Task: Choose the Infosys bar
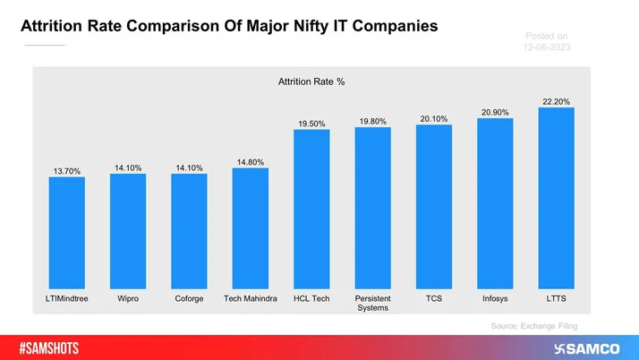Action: point(495,201)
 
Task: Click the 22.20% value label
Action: point(556,101)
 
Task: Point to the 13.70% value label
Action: point(66,170)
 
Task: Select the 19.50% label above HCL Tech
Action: point(311,123)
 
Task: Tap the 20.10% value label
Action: point(434,118)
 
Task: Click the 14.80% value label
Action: point(250,162)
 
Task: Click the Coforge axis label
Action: point(189,298)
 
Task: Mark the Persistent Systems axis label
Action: point(372,303)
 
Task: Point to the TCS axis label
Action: point(434,298)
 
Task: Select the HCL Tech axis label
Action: point(311,298)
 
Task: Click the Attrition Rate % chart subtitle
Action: point(311,81)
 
